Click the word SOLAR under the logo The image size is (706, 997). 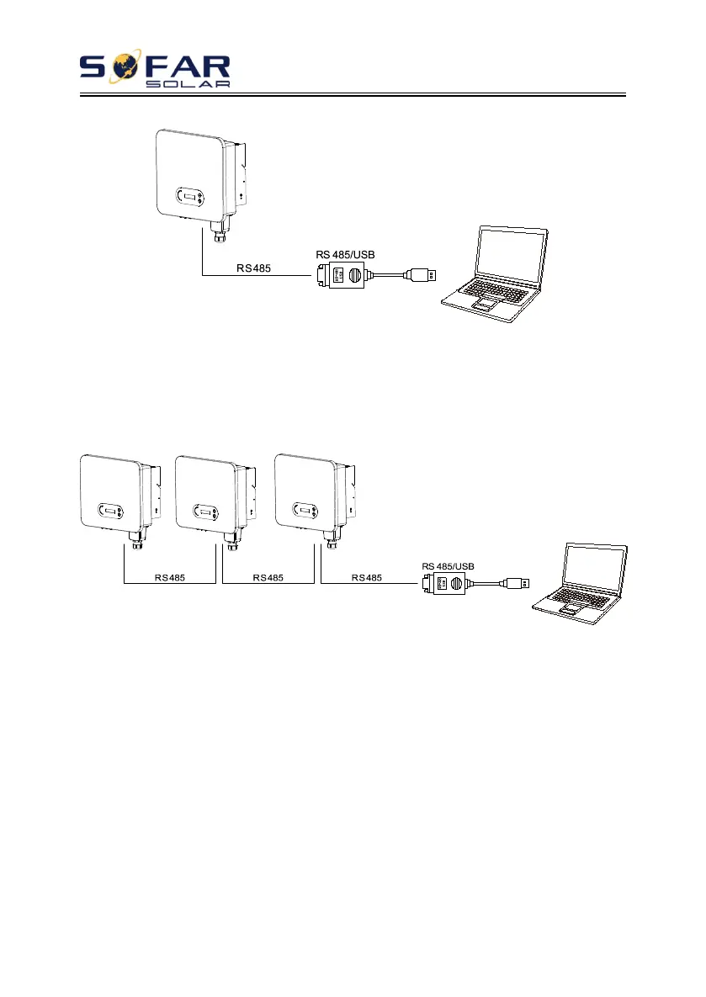[188, 84]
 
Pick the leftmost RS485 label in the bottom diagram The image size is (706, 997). [169, 578]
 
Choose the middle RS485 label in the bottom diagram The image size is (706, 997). [268, 578]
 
